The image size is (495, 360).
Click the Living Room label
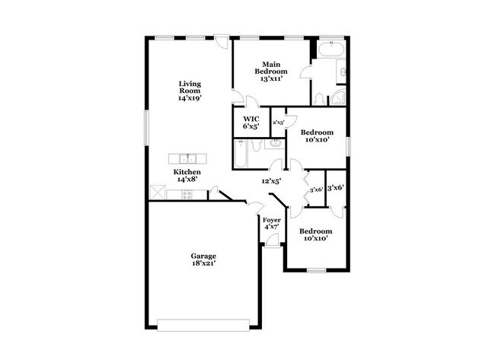click(x=190, y=91)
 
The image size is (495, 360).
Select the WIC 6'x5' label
click(x=251, y=123)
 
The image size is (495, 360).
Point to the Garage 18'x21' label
click(x=203, y=260)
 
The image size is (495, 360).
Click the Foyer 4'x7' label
click(x=272, y=224)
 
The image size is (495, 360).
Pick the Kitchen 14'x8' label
click(x=187, y=176)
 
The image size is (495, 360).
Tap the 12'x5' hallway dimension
click(x=272, y=181)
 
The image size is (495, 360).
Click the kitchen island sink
click(x=187, y=158)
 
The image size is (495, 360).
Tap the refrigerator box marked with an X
click(x=158, y=193)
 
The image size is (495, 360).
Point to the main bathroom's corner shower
click(x=340, y=74)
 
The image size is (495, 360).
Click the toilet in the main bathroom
click(x=321, y=99)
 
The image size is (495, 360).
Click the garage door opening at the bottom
click(x=203, y=321)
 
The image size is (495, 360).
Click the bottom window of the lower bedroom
click(x=316, y=271)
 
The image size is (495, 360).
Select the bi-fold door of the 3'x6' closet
click(x=306, y=189)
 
